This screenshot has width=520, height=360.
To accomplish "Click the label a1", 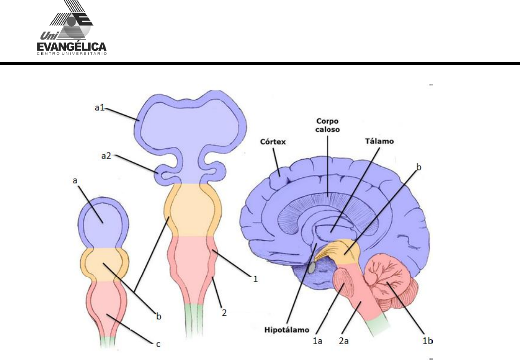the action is pyautogui.click(x=100, y=108).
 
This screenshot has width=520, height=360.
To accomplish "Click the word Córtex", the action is pyautogui.click(x=273, y=142).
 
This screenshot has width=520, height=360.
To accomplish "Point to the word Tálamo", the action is pyautogui.click(x=380, y=141).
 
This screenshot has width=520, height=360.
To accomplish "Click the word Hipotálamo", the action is pyautogui.click(x=287, y=330).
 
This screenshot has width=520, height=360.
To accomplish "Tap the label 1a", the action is pyautogui.click(x=317, y=342).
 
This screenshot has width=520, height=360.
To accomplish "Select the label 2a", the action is pyautogui.click(x=344, y=342).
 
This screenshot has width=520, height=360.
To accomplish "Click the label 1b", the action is pyautogui.click(x=426, y=341).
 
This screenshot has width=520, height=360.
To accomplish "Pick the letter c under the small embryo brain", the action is pyautogui.click(x=158, y=344).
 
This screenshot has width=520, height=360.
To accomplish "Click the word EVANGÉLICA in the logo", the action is pyautogui.click(x=71, y=47).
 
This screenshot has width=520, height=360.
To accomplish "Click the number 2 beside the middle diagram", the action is pyautogui.click(x=224, y=313).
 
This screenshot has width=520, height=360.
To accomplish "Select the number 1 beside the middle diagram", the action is pyautogui.click(x=253, y=279).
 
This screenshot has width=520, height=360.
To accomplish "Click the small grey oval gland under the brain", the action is pyautogui.click(x=313, y=266).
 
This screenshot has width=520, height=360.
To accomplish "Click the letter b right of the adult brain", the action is pyautogui.click(x=419, y=167).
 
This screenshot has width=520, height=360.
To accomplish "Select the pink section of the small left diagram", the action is pyautogui.click(x=107, y=305).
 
